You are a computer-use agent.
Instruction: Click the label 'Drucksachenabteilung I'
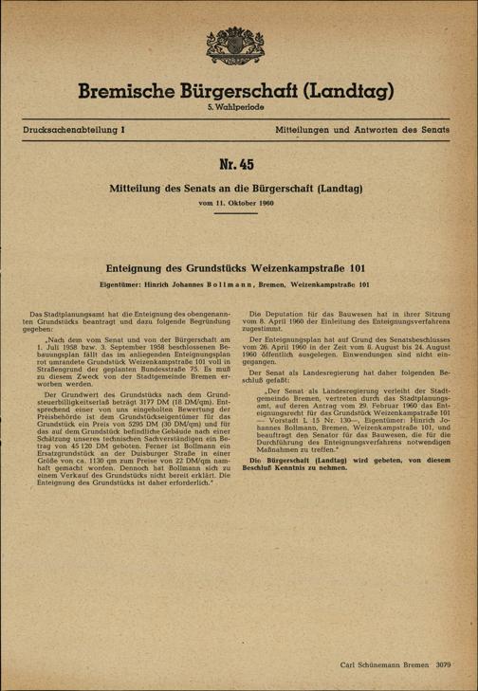pos(73,127)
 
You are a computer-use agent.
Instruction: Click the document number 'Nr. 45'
pos(238,168)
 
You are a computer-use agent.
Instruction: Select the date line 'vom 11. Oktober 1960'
pos(238,204)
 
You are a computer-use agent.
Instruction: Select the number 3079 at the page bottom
pos(446,664)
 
